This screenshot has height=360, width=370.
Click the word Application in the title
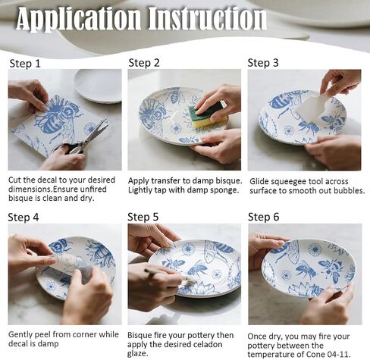click(x=78, y=19)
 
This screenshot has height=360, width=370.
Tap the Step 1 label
click(x=25, y=64)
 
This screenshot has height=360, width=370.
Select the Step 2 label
click(x=144, y=63)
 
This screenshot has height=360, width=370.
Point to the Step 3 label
click(x=263, y=63)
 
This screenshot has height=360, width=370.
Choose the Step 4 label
click(x=24, y=218)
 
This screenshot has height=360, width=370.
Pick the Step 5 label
click(x=143, y=217)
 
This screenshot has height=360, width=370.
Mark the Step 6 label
click(x=264, y=217)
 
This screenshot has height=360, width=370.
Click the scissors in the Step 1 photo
click(x=83, y=139)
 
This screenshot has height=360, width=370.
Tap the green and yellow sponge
click(x=207, y=113)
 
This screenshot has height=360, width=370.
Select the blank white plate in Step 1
click(x=98, y=86)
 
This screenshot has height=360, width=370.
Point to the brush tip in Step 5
click(x=187, y=278)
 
